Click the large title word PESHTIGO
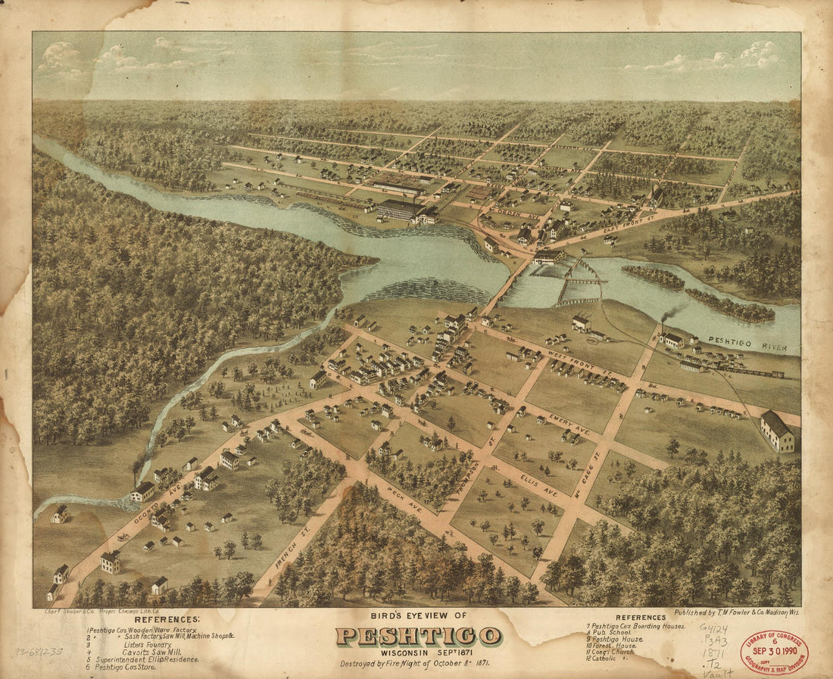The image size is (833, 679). [418, 636]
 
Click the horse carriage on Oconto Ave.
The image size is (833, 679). [122, 537]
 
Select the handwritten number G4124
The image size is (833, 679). [716, 628]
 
